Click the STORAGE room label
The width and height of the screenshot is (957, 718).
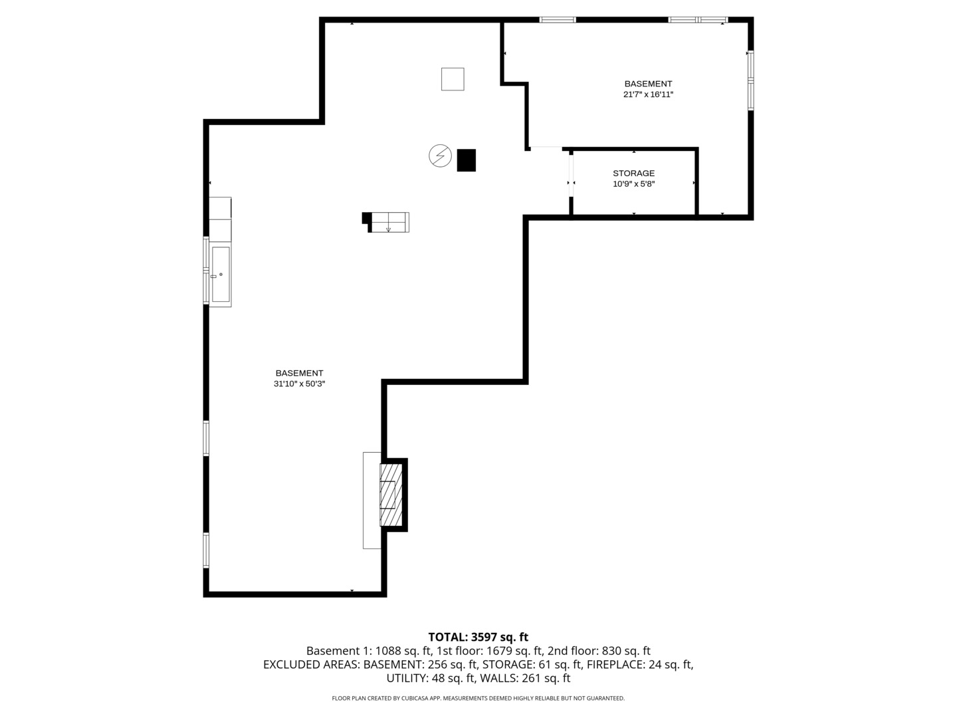[x=633, y=174]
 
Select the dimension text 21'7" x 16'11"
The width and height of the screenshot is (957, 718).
[x=648, y=94]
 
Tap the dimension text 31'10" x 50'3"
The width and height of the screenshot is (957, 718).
[x=299, y=384]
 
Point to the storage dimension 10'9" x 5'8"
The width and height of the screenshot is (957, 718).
[x=633, y=184]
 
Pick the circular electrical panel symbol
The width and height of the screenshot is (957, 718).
[x=440, y=156]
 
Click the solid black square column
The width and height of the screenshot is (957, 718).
[x=466, y=160]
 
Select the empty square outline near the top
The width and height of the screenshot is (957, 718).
[x=453, y=79]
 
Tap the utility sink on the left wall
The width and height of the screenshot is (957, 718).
[x=221, y=273]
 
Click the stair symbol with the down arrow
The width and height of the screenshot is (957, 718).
[x=389, y=222]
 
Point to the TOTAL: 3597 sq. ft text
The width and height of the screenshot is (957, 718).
[x=478, y=637]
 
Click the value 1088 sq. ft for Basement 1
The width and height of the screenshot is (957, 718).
[x=403, y=651]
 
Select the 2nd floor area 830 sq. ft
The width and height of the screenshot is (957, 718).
[x=626, y=651]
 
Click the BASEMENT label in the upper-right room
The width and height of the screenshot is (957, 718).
[x=648, y=84]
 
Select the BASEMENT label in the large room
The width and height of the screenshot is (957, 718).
[x=299, y=373]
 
